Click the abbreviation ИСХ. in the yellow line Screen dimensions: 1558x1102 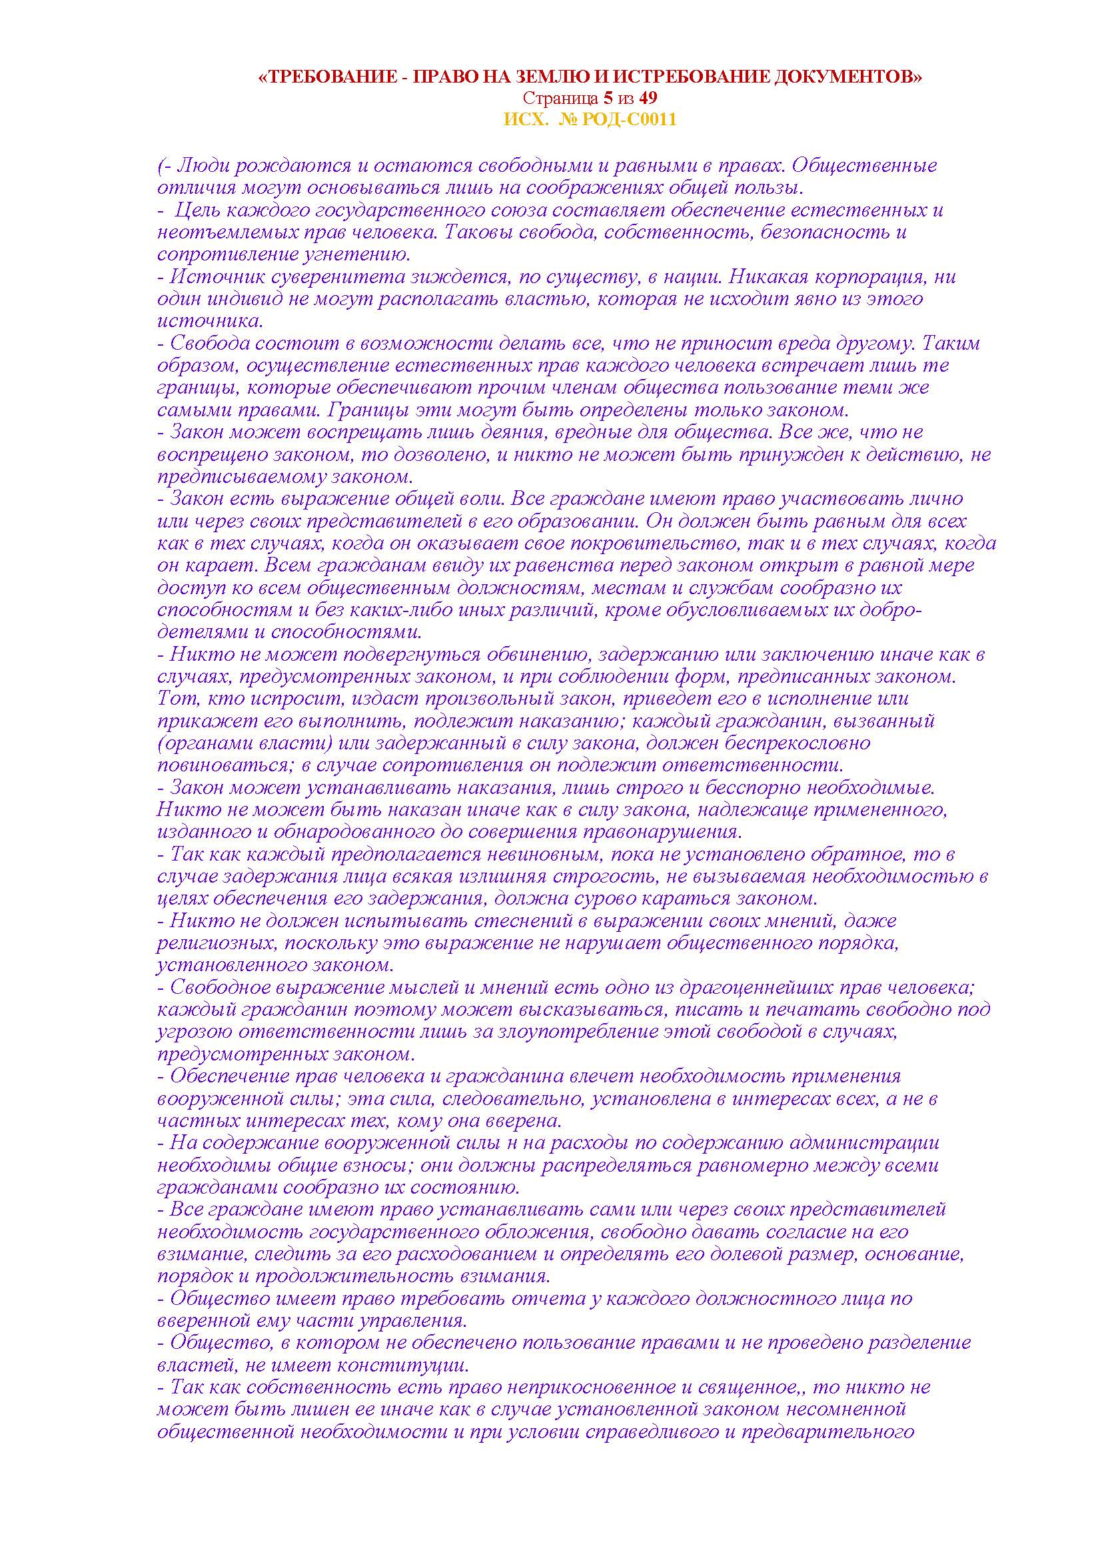coord(523,119)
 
